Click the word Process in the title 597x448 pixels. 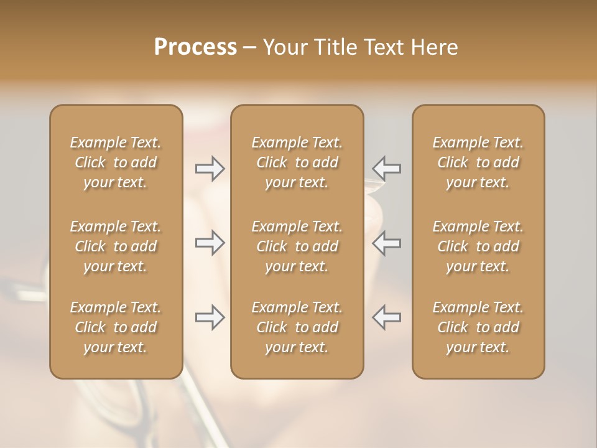[195, 47]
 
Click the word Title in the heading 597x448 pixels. [336, 47]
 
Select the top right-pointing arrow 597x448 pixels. [210, 169]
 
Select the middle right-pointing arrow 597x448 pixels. [210, 243]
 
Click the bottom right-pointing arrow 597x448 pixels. [210, 317]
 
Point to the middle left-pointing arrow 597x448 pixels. [387, 243]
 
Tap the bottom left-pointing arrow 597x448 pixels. [387, 317]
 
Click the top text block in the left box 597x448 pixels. [116, 162]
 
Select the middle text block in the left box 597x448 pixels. [116, 246]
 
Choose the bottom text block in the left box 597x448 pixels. [116, 327]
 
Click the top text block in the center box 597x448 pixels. [297, 162]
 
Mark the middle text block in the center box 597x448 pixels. [297, 246]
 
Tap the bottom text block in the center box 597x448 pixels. [297, 327]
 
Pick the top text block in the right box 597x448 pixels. [478, 162]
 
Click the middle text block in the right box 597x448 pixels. [478, 246]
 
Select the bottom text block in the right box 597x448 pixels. [478, 327]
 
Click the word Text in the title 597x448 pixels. [384, 47]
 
